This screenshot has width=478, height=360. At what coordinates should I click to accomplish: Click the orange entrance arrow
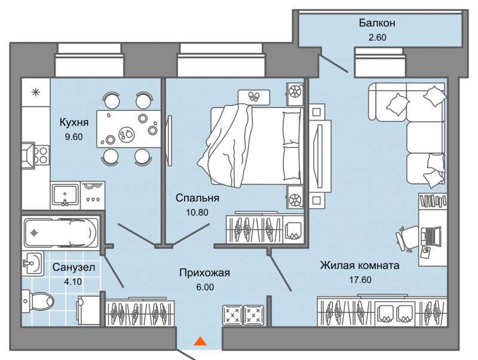point(200,341)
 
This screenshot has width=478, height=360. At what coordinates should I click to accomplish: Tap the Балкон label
point(377,23)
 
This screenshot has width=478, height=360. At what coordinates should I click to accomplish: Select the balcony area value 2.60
point(378,37)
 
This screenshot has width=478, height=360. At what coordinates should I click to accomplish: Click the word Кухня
point(73,122)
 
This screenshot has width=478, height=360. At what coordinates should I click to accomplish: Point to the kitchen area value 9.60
point(73,137)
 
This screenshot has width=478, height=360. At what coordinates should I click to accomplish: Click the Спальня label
point(197,198)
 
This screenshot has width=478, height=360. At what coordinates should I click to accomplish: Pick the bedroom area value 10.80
point(197,213)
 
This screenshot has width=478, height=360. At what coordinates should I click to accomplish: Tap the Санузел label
point(73,267)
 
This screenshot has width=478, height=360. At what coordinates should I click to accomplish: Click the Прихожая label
point(204,273)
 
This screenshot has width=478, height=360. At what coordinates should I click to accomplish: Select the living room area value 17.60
point(360,279)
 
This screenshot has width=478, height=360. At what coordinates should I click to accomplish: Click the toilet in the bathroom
point(38,301)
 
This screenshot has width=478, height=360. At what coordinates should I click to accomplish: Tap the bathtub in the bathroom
point(61,233)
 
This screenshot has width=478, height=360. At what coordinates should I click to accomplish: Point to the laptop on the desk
point(431,236)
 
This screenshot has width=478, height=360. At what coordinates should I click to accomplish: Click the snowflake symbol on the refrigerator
point(36,92)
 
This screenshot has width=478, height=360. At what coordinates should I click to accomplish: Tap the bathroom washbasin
point(32,263)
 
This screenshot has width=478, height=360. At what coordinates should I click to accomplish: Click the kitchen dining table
point(128,128)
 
